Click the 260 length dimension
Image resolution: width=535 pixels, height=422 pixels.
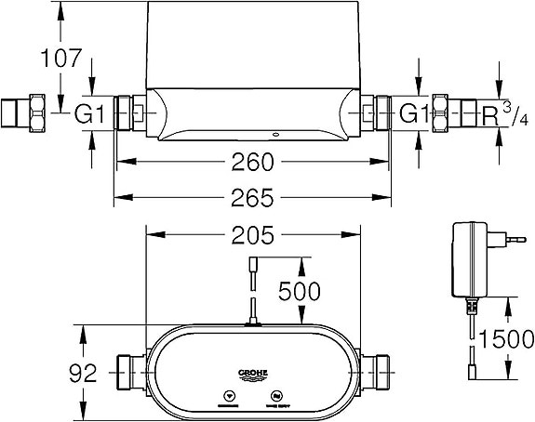coord(252,164)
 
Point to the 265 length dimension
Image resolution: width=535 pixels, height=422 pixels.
coord(252,198)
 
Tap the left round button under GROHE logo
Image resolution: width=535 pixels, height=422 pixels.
coord(228,398)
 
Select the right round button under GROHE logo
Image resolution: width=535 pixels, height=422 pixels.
coord(276,398)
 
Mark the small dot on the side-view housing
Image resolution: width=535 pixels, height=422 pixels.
coord(279,133)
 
